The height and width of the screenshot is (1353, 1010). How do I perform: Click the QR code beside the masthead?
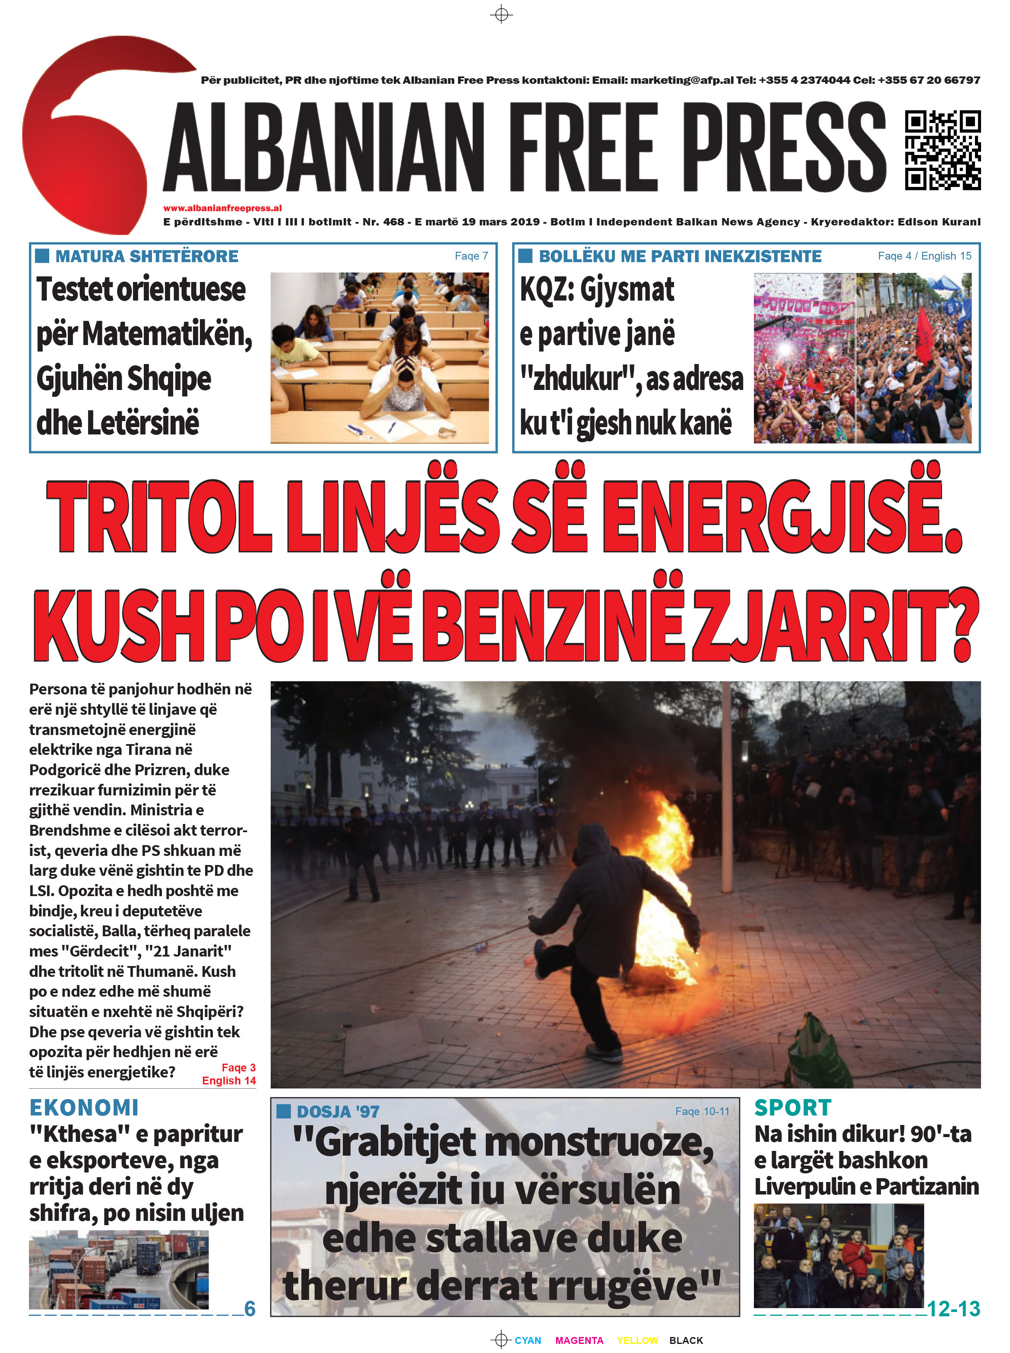coord(943,150)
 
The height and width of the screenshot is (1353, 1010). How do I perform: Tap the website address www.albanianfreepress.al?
coord(222,208)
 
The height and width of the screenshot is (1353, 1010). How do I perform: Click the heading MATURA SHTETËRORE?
coord(147,256)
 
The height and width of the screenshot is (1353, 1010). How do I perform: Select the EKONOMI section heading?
coord(84,1108)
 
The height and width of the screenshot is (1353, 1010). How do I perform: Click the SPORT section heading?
coord(792,1108)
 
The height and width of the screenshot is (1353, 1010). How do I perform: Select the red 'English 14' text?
coord(229,1081)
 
